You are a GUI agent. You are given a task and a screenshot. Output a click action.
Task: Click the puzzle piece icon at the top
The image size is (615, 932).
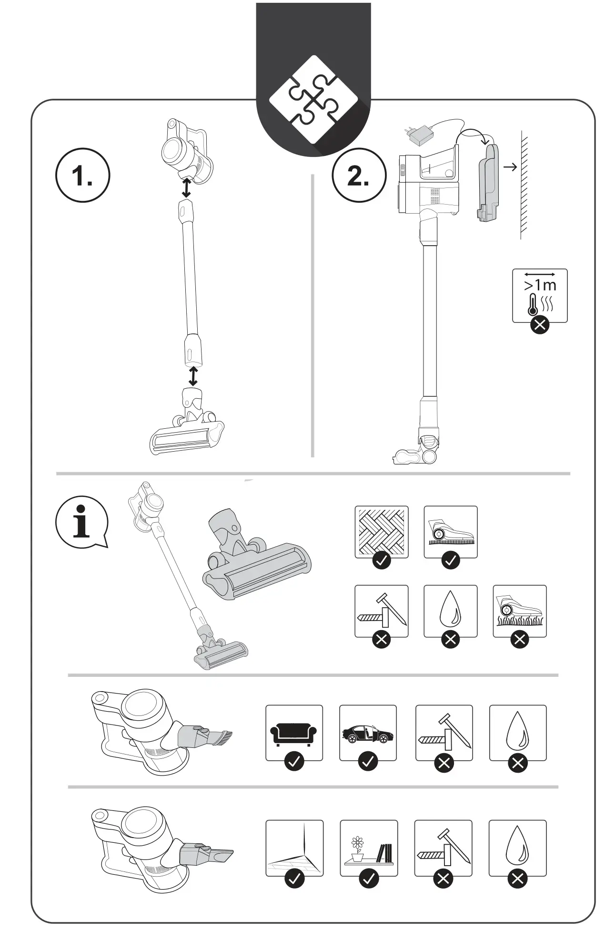click(313, 99)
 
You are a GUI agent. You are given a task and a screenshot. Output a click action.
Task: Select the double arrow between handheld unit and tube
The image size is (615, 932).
click(186, 187)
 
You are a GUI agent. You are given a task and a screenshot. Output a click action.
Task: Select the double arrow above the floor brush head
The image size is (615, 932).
click(193, 376)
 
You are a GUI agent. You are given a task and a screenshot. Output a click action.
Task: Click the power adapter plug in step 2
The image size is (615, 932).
click(418, 135)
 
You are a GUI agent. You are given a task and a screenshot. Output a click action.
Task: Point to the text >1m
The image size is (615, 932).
click(540, 285)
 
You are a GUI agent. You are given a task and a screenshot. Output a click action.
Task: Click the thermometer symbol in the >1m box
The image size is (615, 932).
click(533, 304)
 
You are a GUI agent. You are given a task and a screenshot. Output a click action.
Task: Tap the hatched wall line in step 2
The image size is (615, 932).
click(524, 186)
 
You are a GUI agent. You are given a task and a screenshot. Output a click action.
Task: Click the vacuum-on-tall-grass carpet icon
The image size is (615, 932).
click(519, 611)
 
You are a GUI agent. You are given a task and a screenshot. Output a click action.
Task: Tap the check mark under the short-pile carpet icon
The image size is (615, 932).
click(451, 561)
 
